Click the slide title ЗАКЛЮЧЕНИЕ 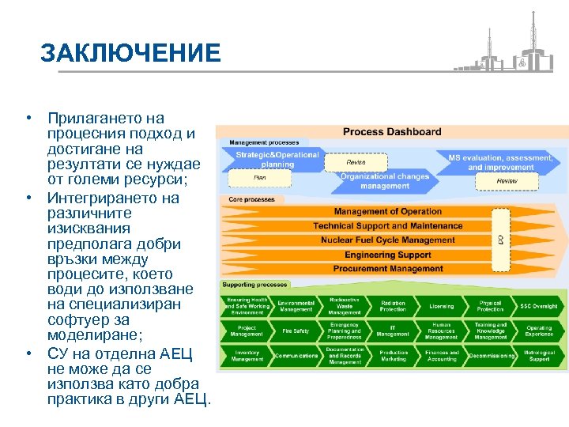(130, 53)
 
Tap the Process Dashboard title (392, 132)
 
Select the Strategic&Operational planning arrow (277, 160)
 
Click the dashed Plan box (259, 178)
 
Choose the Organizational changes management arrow (384, 181)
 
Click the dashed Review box (507, 181)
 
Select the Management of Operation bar (387, 212)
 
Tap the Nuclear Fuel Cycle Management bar (387, 240)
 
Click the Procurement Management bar (387, 269)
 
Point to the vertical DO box (500, 238)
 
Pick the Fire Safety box (296, 331)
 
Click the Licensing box (442, 306)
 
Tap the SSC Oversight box (539, 306)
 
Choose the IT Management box (393, 331)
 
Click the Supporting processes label (255, 284)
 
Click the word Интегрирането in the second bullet (113, 198)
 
